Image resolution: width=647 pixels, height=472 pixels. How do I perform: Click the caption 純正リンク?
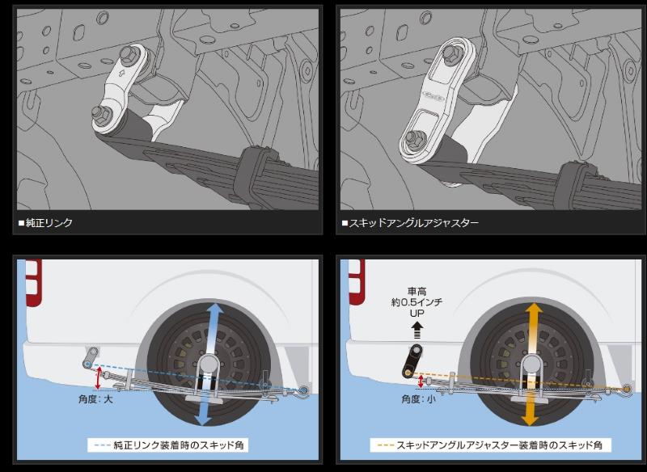49,223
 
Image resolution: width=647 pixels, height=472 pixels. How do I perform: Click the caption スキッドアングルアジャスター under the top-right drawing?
413,223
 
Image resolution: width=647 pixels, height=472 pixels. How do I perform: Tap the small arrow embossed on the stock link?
121,74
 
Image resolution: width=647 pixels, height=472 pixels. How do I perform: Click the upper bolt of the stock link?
128,53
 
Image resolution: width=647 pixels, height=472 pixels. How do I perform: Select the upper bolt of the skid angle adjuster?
450,51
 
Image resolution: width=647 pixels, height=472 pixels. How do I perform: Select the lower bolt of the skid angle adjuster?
413,138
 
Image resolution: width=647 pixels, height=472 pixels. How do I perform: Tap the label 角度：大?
95,399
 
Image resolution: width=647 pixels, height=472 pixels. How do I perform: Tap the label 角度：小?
418,399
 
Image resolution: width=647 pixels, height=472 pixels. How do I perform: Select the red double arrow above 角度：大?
98,378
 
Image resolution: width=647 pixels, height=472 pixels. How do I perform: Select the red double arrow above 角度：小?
421,381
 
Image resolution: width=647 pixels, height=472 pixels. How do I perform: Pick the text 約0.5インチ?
417,302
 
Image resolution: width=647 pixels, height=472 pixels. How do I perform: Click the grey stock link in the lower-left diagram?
91,358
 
